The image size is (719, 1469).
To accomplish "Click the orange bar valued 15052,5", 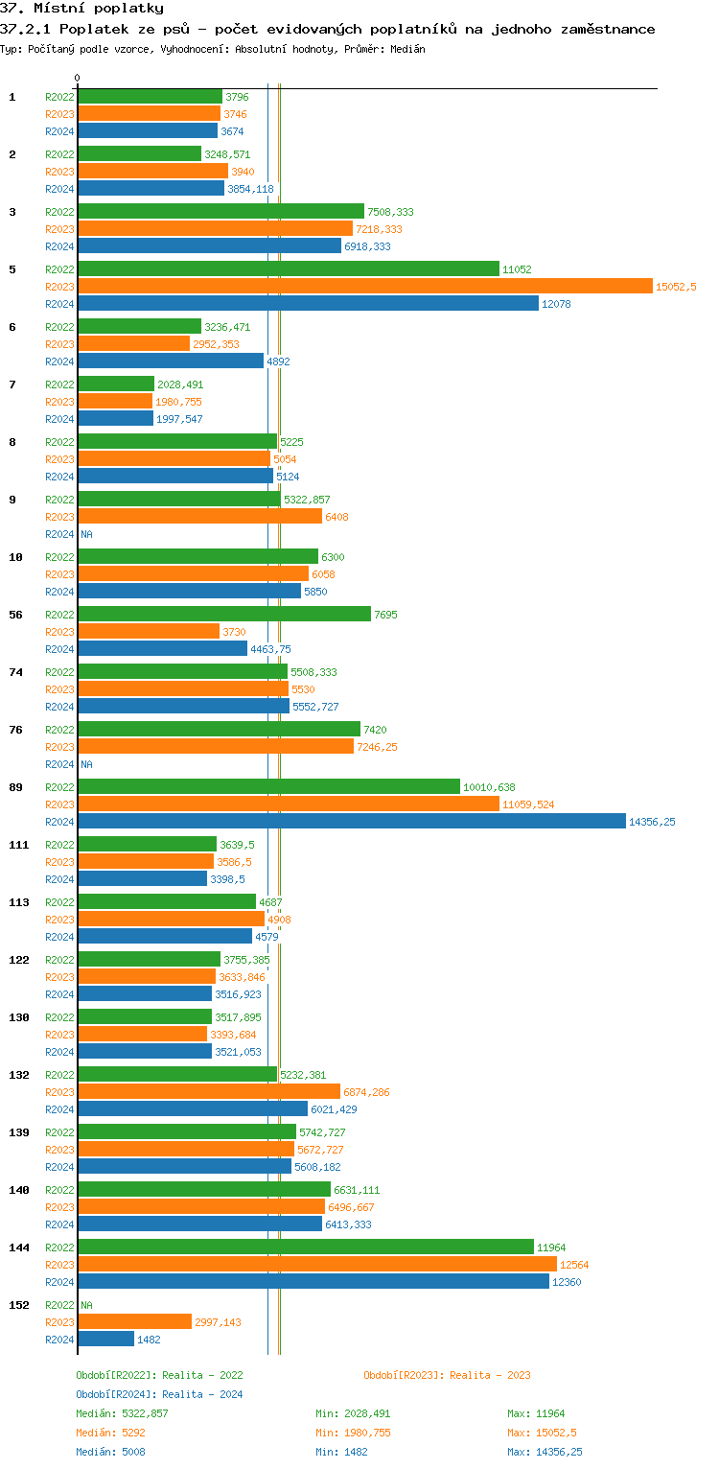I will pyautogui.click(x=364, y=286).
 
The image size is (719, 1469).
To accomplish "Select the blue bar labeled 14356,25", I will pyautogui.click(x=351, y=821).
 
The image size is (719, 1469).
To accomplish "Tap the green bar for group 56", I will pyautogui.click(x=223, y=614).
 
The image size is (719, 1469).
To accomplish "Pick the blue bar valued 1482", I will pyautogui.click(x=105, y=1339).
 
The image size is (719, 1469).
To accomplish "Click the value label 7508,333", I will pyautogui.click(x=390, y=212).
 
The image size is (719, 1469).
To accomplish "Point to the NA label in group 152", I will pyautogui.click(x=86, y=1305).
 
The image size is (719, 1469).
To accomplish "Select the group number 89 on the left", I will pyautogui.click(x=16, y=787).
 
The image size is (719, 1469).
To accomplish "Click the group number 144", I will pyautogui.click(x=19, y=1247).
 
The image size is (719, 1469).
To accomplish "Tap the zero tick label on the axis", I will pyautogui.click(x=78, y=79).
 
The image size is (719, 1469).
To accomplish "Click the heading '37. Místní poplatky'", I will pyautogui.click(x=81, y=9).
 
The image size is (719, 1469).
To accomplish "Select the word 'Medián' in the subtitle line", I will pyautogui.click(x=406, y=49).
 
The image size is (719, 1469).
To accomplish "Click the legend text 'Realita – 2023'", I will pyautogui.click(x=490, y=1375).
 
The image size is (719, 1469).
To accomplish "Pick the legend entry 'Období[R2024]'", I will pyautogui.click(x=116, y=1394).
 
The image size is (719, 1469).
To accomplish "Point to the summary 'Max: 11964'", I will pyautogui.click(x=536, y=1413).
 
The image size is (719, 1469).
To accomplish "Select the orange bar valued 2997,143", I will pyautogui.click(x=134, y=1321).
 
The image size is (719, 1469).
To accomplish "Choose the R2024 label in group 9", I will pyautogui.click(x=59, y=534).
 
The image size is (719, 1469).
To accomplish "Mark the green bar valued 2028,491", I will pyautogui.click(x=115, y=384).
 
